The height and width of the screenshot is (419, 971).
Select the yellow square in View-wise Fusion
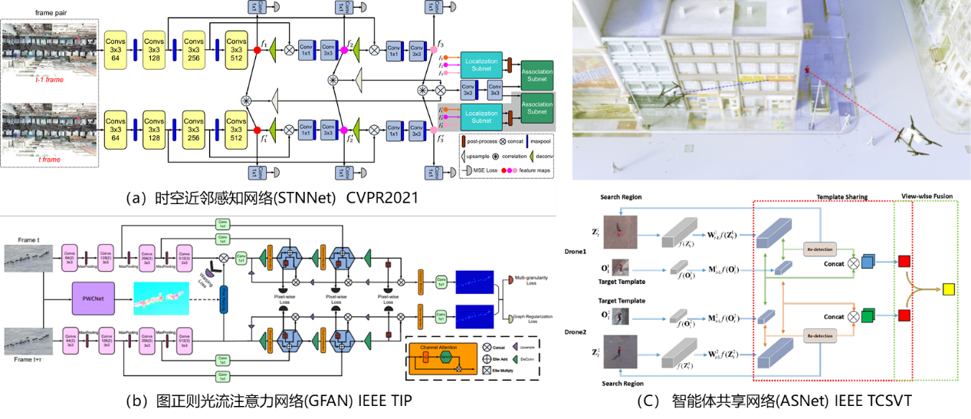(x=948, y=289)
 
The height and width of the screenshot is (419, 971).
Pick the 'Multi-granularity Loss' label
(x=530, y=279)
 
